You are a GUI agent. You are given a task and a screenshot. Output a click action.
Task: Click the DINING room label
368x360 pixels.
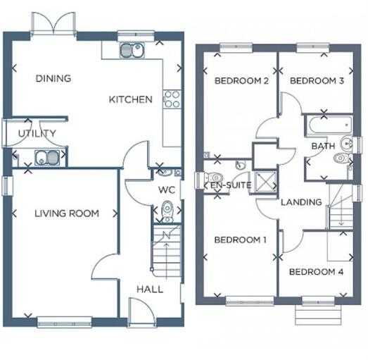click(53, 78)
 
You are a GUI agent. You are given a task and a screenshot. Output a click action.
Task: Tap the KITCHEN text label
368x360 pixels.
click(130, 99)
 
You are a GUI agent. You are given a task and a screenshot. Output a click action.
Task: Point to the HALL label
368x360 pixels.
click(149, 289)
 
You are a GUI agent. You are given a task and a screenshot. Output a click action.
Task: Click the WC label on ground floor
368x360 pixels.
click(167, 190)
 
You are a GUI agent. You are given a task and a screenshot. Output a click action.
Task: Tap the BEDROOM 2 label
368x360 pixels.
click(241, 80)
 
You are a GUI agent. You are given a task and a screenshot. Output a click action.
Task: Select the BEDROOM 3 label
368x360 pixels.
click(317, 80)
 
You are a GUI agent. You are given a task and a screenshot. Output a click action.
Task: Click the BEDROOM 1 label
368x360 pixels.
click(241, 240)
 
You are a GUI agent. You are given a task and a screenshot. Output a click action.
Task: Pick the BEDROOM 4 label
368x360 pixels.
click(316, 271)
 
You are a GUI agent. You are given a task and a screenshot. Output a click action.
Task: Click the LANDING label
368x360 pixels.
click(301, 202)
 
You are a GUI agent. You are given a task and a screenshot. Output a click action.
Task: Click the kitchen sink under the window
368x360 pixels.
click(132, 50)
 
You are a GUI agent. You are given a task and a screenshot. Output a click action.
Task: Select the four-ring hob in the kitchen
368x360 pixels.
click(171, 99)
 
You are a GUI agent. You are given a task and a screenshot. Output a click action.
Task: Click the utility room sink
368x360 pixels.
click(46, 158)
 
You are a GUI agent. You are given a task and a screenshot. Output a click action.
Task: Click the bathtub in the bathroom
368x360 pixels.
click(327, 126)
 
